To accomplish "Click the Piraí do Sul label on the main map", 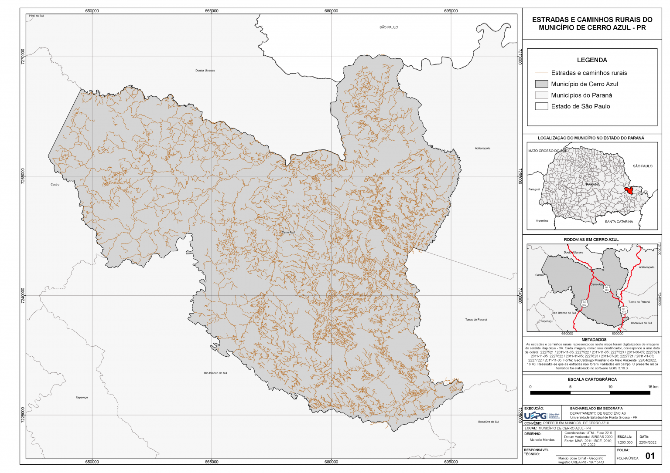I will [36, 16].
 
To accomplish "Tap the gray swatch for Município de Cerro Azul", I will [541, 84].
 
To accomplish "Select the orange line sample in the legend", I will [541, 73].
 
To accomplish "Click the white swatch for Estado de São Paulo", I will [541, 106].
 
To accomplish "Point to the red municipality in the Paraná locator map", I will [629, 190].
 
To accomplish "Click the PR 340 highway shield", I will [606, 289].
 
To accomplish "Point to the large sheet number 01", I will [650, 456].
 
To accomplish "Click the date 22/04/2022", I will [647, 442].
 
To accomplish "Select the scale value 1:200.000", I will [625, 442].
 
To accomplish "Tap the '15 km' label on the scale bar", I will [653, 387].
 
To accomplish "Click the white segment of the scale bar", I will [590, 393].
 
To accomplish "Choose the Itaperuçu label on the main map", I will [82, 397].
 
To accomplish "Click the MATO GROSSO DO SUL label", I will [547, 151].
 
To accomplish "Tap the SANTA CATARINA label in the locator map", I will [619, 222].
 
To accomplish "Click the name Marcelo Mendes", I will [542, 440].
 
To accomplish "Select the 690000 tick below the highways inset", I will [617, 334].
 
